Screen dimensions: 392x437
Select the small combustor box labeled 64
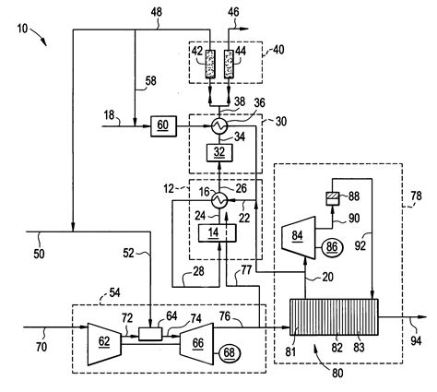145,329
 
